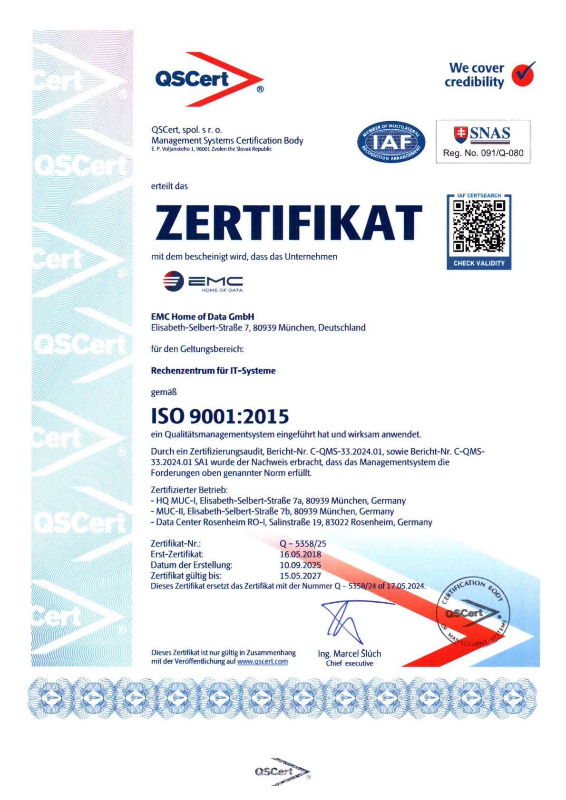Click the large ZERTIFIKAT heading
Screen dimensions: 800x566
click(288, 222)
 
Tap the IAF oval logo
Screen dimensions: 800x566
click(391, 142)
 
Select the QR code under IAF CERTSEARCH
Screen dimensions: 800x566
click(478, 226)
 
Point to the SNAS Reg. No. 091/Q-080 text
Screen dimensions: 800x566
click(483, 153)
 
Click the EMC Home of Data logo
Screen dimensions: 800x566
click(203, 281)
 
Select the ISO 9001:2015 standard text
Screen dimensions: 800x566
click(220, 416)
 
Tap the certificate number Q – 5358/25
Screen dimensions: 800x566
click(303, 543)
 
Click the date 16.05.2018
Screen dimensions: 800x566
click(300, 554)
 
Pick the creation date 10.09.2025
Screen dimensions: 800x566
click(300, 565)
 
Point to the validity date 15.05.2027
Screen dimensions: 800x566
click(300, 576)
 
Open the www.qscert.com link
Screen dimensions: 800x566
click(262, 661)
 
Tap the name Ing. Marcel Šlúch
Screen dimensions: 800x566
click(349, 654)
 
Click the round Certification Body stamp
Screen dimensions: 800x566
click(473, 613)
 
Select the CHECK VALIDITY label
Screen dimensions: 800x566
click(478, 263)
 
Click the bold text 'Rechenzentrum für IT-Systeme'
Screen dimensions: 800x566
click(213, 371)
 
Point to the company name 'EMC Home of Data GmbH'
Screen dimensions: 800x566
click(202, 317)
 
